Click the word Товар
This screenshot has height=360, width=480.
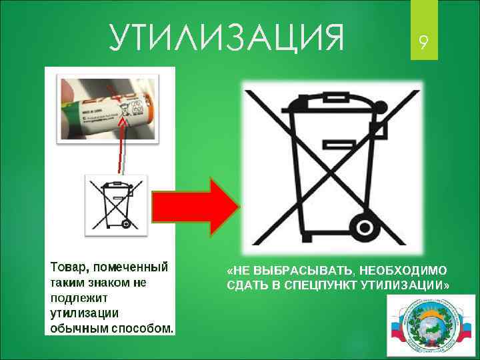68,268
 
